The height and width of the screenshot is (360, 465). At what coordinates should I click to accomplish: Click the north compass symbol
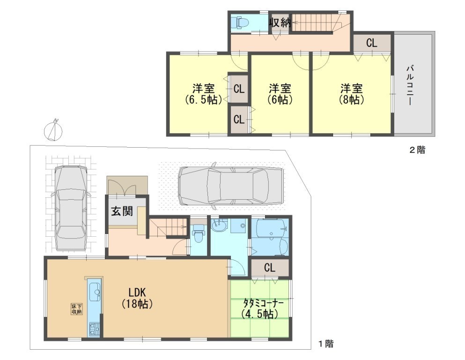pyautogui.click(x=53, y=130)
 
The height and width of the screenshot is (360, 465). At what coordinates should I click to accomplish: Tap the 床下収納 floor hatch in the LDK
pyautogui.click(x=76, y=309)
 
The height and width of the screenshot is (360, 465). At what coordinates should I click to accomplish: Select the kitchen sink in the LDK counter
pyautogui.click(x=95, y=292)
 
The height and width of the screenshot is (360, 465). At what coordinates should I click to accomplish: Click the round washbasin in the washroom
pyautogui.click(x=220, y=225)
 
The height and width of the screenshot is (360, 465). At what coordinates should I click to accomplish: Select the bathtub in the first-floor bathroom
pyautogui.click(x=271, y=228)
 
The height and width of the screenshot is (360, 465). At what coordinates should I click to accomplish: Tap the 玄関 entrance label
pyautogui.click(x=122, y=211)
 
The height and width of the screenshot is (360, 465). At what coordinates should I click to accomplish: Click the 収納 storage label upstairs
pyautogui.click(x=280, y=22)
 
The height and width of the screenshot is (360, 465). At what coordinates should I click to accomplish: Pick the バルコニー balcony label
pyautogui.click(x=411, y=85)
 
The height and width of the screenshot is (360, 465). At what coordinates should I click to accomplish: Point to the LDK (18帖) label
pyautogui.click(x=137, y=298)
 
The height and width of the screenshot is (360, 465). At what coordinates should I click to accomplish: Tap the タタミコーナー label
pyautogui.click(x=263, y=308)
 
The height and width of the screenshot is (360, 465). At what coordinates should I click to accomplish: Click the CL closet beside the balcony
pyautogui.click(x=372, y=43)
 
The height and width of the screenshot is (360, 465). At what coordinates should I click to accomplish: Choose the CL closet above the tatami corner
pyautogui.click(x=270, y=268)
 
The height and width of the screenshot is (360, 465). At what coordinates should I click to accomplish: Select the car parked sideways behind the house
pyautogui.click(x=230, y=187)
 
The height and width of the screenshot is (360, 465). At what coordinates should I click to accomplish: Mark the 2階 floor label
pyautogui.click(x=417, y=150)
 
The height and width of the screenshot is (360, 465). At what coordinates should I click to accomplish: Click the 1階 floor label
pyautogui.click(x=326, y=344)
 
